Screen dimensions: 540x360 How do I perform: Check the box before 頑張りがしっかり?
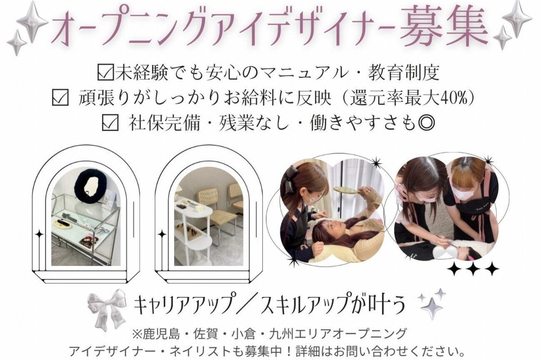pos(60,98)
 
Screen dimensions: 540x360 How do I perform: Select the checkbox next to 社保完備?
pos(110,123)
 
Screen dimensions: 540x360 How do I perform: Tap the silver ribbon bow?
pos(107,308)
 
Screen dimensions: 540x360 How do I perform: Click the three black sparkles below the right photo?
pos(473,268)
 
